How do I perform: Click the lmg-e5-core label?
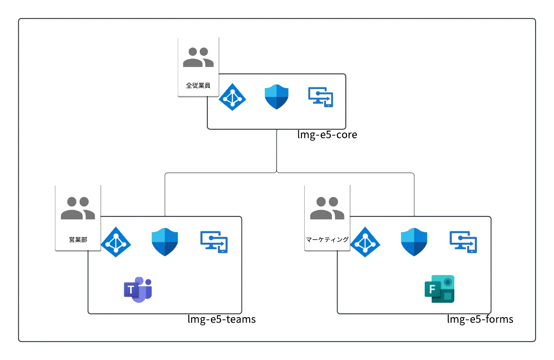pos(327,136)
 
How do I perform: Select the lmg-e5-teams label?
pos(222,319)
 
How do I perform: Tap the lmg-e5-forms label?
pos(480,319)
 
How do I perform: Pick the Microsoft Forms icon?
pos(440,289)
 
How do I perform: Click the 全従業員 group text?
pos(198,85)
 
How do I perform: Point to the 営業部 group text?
pos(78,240)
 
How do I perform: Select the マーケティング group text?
pos(327,240)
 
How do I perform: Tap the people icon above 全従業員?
pos(198,58)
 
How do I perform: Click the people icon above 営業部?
pos(78,208)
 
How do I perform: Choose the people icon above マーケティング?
pos(327,208)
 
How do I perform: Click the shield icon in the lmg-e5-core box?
pos(276,97)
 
